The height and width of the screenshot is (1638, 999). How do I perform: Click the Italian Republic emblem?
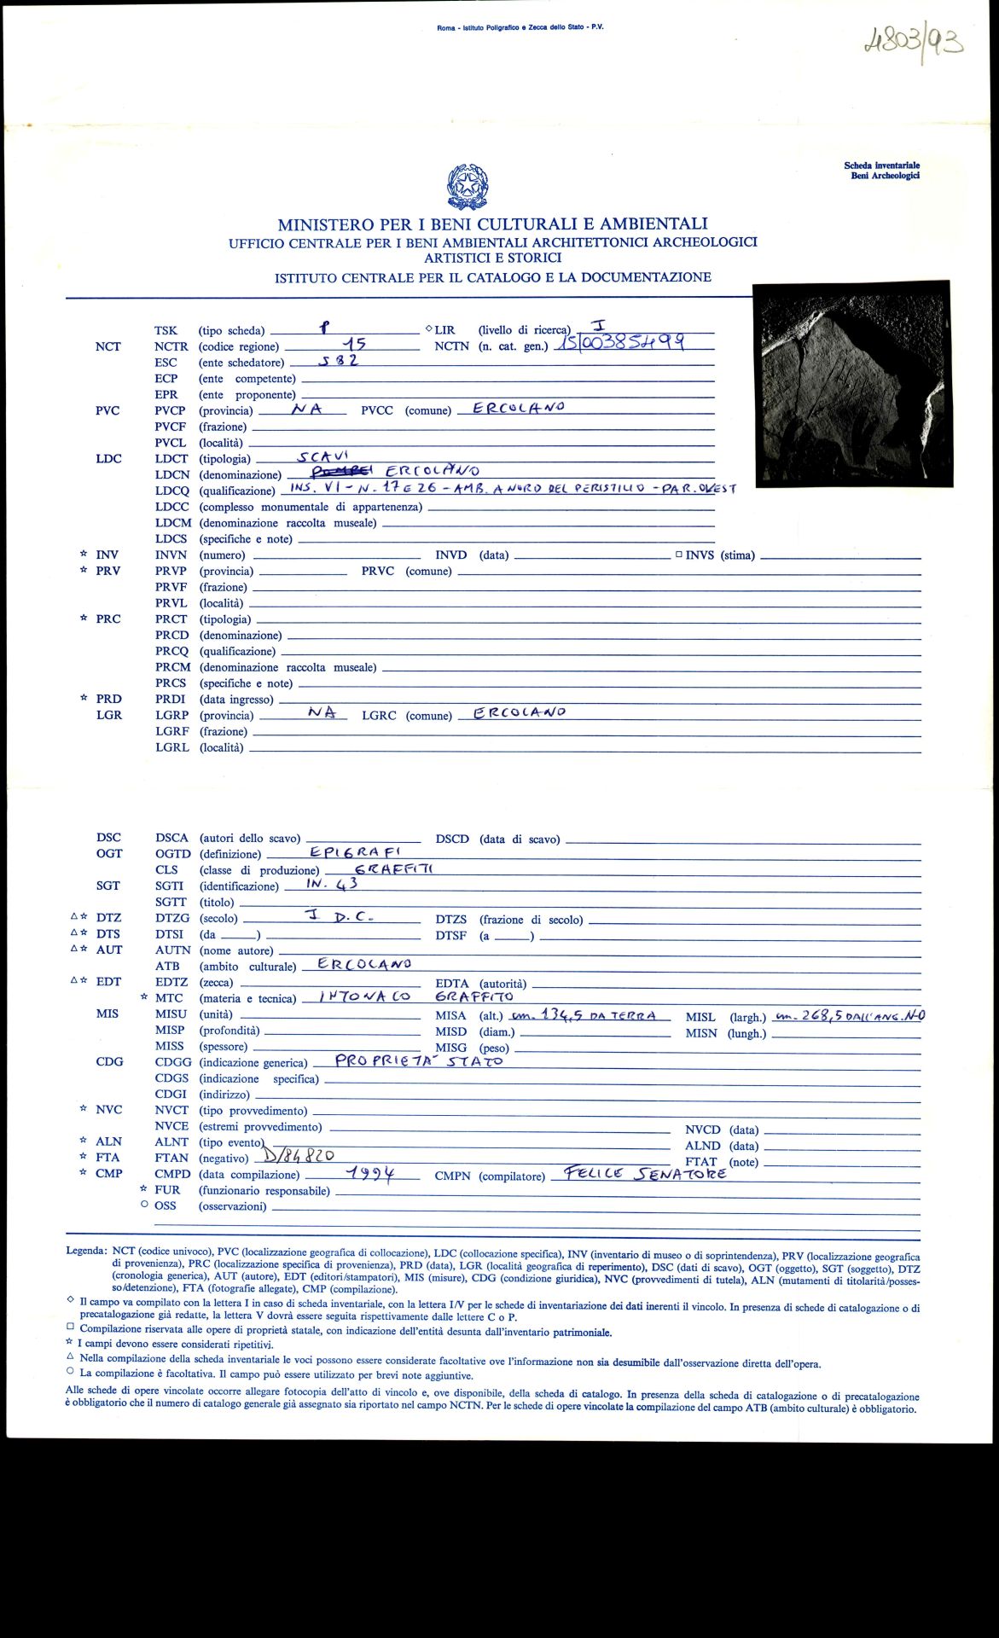pos(467,187)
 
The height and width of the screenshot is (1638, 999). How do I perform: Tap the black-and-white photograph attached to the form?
pos(852,383)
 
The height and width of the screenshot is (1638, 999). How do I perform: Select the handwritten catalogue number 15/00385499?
pos(622,343)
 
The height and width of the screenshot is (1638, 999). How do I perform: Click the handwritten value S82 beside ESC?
pos(339,361)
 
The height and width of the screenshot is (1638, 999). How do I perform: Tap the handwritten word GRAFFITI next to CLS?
pos(394,868)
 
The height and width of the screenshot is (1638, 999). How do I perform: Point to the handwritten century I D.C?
pos(339,917)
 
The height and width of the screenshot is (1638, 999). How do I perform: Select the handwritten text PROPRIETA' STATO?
pos(419,1061)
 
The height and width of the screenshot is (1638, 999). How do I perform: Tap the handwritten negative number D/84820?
pos(299,1156)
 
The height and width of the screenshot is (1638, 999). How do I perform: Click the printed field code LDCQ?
pos(172,491)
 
